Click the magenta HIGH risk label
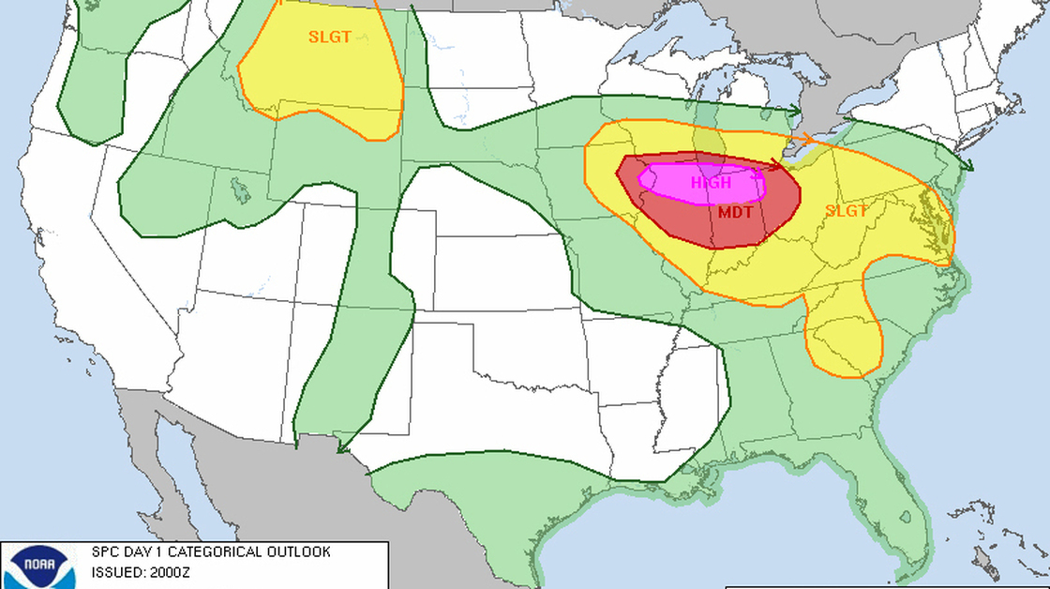click(711, 183)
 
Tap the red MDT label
click(736, 212)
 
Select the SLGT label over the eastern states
click(847, 211)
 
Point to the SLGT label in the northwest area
click(330, 38)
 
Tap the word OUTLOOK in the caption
click(299, 552)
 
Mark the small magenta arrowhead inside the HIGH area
click(757, 173)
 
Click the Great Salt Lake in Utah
click(242, 191)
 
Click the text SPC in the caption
click(103, 552)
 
